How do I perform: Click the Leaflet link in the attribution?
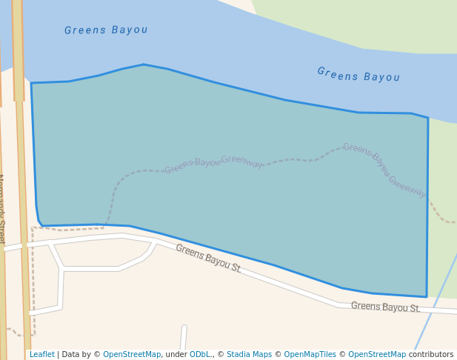pos(41,355)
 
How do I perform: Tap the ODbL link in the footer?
pos(200,355)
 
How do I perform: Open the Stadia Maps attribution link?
pos(250,355)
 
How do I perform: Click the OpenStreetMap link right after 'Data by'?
pos(132,355)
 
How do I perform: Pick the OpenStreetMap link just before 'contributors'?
pos(377,355)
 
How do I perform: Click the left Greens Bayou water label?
pos(106,30)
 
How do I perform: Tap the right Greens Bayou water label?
pos(358,75)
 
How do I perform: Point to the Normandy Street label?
pos(2,209)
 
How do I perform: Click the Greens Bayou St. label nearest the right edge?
pos(385,307)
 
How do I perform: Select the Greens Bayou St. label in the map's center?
pos(208,259)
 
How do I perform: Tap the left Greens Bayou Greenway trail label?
pos(213,162)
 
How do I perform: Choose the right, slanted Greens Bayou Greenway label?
pos(384,170)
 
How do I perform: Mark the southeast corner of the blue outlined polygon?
pos(427,296)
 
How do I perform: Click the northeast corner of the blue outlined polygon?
pos(427,118)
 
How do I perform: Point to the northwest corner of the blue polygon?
pos(31,83)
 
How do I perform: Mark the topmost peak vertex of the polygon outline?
pos(144,64)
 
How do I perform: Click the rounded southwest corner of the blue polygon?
pos(41,225)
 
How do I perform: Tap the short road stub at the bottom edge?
pos(183,338)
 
